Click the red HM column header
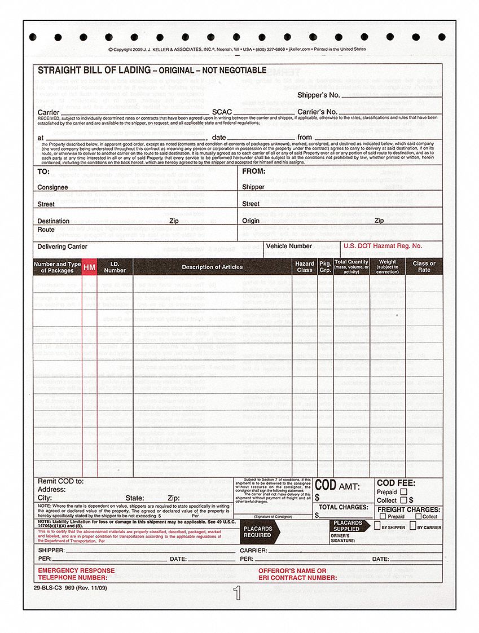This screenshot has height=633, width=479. [x=89, y=267]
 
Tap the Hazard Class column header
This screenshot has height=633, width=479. [x=305, y=267]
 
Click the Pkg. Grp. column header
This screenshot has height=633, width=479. [x=325, y=267]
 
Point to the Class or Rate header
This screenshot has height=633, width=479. [x=424, y=267]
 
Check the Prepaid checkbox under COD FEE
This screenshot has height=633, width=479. [x=403, y=491]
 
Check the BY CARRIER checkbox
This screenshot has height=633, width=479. [x=413, y=526]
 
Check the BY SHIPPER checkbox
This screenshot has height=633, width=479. [x=377, y=526]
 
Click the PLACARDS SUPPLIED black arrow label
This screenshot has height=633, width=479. [x=348, y=526]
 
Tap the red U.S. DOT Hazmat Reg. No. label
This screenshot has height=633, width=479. [x=382, y=246]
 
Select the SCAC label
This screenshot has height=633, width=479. [x=221, y=112]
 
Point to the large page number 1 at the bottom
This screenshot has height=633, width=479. [x=237, y=593]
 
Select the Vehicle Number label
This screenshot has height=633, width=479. [x=289, y=246]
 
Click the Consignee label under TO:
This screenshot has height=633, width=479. [x=52, y=187]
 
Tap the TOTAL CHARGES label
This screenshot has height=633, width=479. [x=343, y=507]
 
